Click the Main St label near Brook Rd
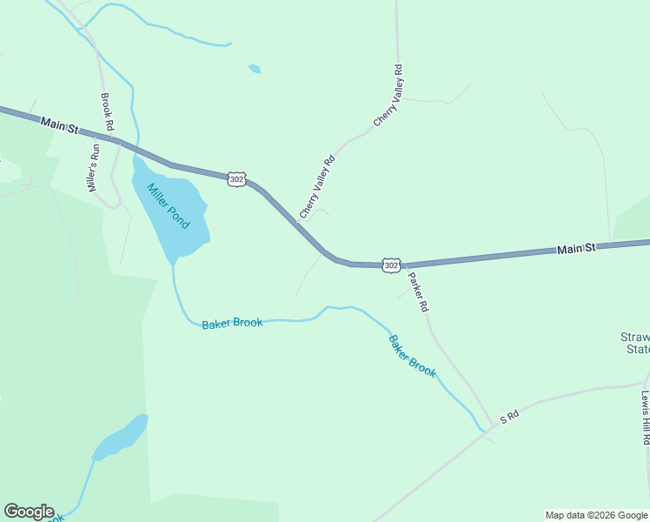[59, 126]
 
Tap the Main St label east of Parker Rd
[576, 249]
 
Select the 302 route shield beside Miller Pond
[236, 178]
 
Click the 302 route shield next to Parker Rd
[391, 264]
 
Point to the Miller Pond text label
[168, 206]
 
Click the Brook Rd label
[108, 112]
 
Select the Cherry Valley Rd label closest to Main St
[317, 187]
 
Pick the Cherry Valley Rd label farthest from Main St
[388, 96]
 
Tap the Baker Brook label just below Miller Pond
[232, 324]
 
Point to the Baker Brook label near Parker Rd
[412, 356]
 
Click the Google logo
[29, 512]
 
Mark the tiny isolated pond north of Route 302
[254, 69]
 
